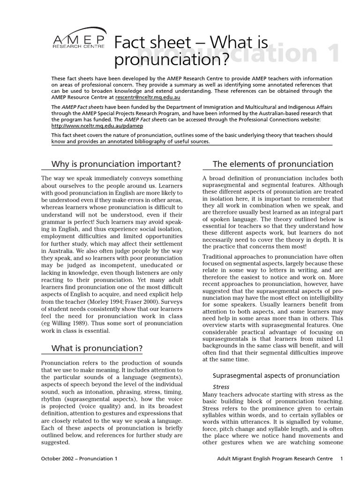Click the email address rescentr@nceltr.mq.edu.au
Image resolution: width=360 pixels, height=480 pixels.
pyautogui.click(x=148, y=97)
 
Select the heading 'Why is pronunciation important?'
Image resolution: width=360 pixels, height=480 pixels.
pyautogui.click(x=116, y=164)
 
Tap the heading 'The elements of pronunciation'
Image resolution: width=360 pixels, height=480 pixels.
pyautogui.click(x=273, y=164)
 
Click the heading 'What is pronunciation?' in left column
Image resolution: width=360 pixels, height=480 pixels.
pyautogui.click(x=97, y=348)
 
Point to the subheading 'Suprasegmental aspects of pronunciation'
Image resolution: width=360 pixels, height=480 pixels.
pyautogui.click(x=276, y=375)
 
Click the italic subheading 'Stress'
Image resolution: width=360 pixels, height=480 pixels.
pyautogui.click(x=221, y=387)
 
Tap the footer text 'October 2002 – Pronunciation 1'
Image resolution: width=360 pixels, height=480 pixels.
pyautogui.click(x=79, y=458)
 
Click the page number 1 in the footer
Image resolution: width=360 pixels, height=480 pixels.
pyautogui.click(x=342, y=458)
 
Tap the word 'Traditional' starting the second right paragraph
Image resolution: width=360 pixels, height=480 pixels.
pyautogui.click(x=219, y=256)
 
